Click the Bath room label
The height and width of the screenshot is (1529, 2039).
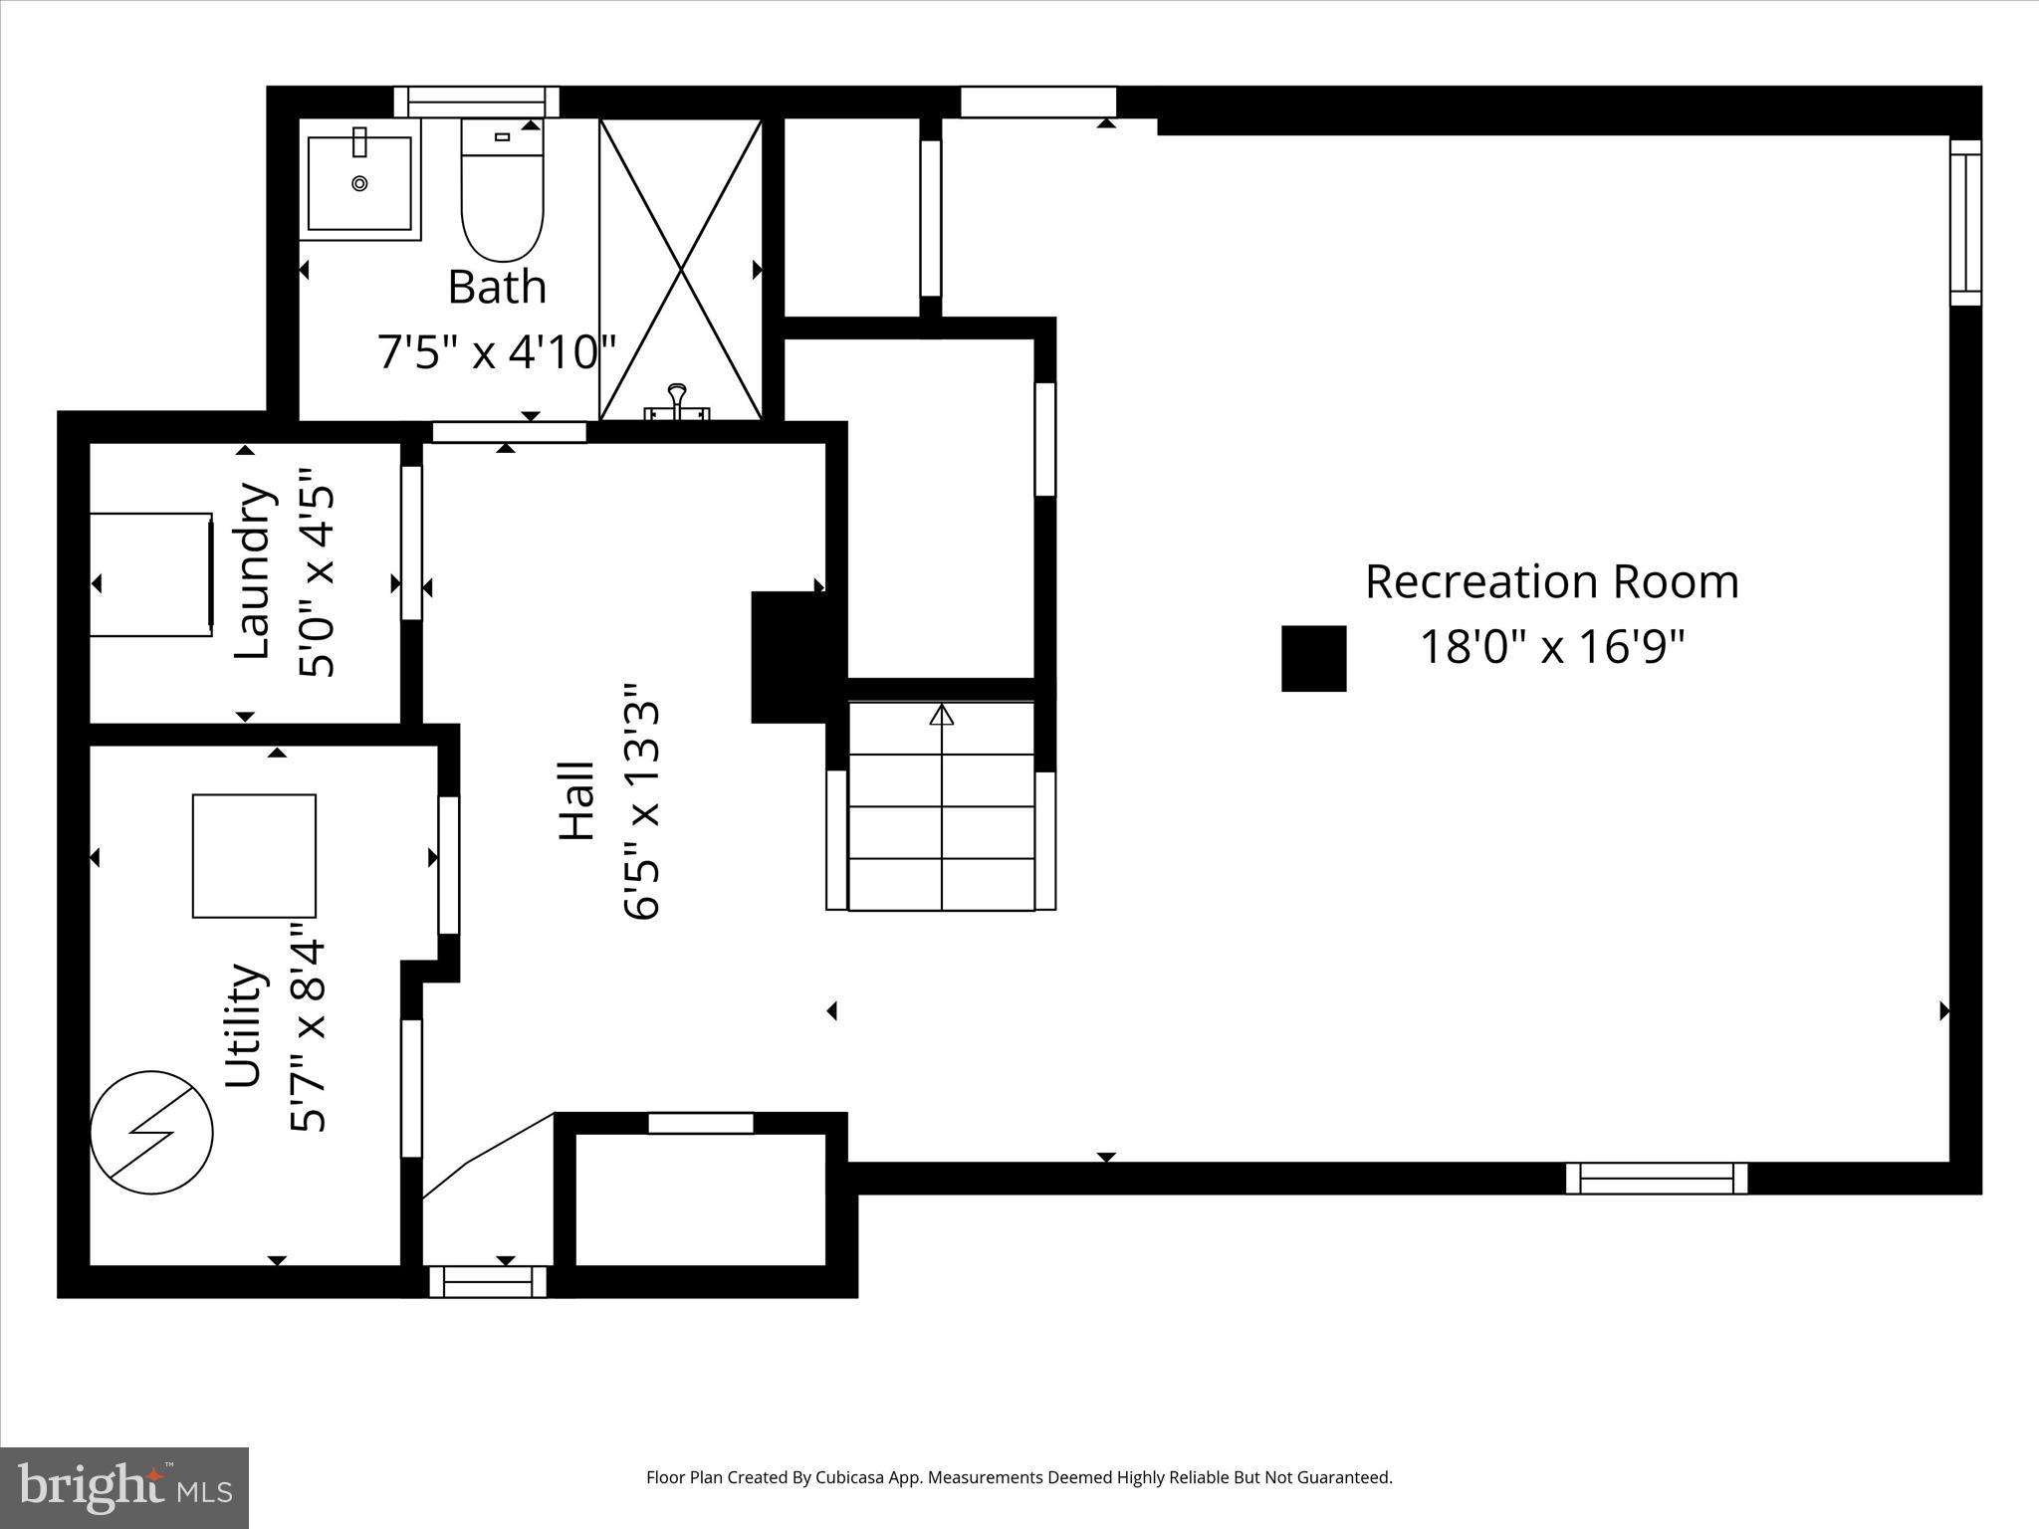coord(497,287)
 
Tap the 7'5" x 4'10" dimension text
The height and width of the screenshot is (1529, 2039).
coord(496,351)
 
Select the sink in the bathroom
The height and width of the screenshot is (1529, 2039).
coord(359,184)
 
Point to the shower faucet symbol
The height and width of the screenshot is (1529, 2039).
coord(677,403)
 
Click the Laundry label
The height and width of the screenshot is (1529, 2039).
coord(252,570)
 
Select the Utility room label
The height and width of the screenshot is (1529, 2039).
coord(244,1025)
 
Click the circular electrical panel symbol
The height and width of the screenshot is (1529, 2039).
coord(151,1133)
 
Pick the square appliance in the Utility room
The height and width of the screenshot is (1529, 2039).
coord(254,856)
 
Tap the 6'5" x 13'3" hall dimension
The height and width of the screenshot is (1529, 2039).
coord(642,801)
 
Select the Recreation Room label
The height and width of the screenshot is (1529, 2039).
coord(1551,582)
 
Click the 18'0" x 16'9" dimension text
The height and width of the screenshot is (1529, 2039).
coord(1551,647)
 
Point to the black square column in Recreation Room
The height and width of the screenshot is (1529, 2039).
coord(1313,658)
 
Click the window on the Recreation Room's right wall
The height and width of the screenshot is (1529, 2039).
coord(1964,222)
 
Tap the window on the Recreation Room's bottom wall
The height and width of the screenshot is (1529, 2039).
coord(1656,1179)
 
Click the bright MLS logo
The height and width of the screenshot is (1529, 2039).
coord(124,1487)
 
